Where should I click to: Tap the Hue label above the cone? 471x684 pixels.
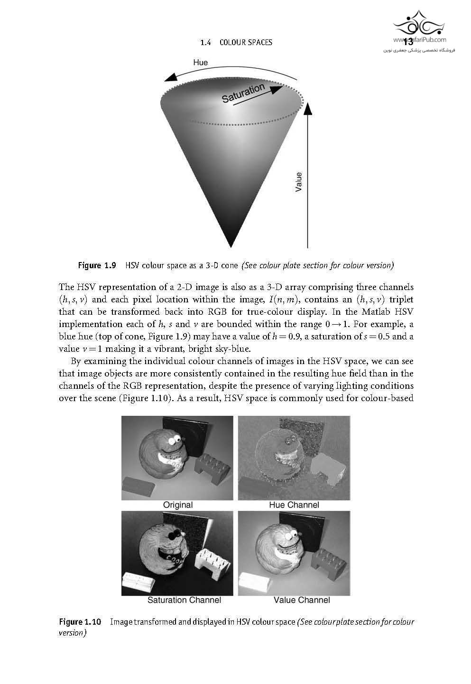(x=200, y=62)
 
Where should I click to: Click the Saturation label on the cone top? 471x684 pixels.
(x=243, y=93)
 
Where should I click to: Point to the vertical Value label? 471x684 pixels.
(x=298, y=182)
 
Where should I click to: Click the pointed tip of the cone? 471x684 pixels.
(x=231, y=245)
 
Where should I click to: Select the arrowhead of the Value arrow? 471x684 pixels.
(x=307, y=110)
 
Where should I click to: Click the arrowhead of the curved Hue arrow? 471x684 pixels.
(x=170, y=77)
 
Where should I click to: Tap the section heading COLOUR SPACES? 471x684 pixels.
(x=245, y=42)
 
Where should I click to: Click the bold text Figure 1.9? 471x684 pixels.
(x=97, y=265)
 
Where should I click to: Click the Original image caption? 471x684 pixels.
(x=178, y=505)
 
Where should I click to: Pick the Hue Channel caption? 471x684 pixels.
(x=294, y=505)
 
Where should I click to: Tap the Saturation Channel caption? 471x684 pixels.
(x=184, y=600)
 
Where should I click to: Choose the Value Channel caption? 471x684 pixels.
(x=302, y=600)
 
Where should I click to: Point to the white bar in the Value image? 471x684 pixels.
(x=255, y=582)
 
